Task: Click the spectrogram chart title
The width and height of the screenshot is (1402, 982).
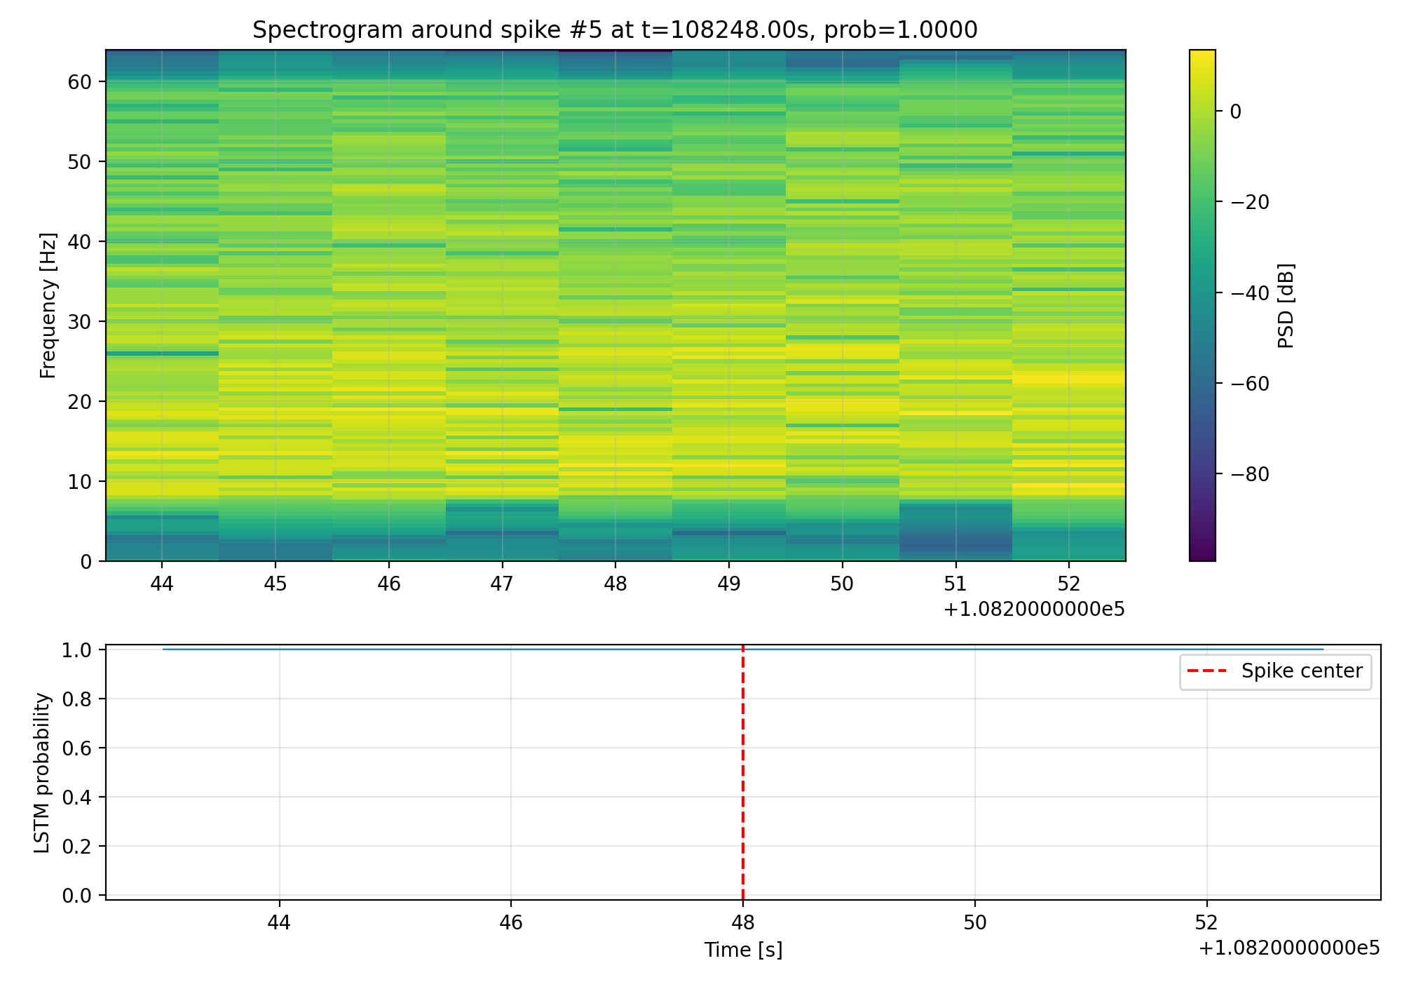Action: (x=615, y=30)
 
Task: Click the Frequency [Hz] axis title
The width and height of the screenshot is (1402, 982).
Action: (x=48, y=306)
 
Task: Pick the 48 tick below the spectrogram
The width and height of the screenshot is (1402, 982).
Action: (x=615, y=584)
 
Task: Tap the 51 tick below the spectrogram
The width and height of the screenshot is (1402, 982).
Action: (x=955, y=584)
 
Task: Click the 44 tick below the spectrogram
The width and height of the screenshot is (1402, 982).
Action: (x=162, y=584)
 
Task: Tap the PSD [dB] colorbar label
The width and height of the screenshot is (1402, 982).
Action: (x=1286, y=306)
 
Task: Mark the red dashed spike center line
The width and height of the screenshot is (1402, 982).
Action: (x=742, y=772)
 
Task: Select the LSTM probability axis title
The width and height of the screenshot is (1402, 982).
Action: (x=43, y=773)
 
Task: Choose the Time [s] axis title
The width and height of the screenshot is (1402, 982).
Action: (x=743, y=950)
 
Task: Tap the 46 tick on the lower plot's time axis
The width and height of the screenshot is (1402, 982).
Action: (x=511, y=922)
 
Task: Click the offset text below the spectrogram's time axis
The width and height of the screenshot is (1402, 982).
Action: (x=1034, y=610)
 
